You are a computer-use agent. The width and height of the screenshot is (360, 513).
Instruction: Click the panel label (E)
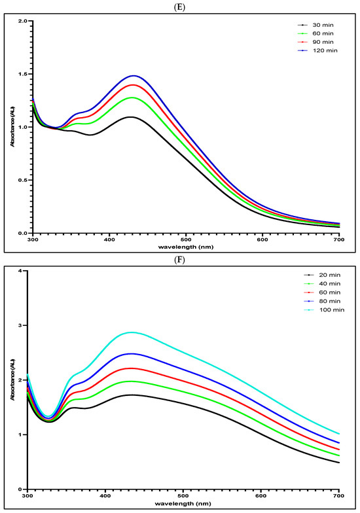tap(179, 8)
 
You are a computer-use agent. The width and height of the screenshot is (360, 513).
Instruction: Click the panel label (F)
tap(179, 260)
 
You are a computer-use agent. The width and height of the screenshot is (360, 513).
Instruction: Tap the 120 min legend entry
tap(317, 50)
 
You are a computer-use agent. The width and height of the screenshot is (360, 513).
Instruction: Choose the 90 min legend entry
tap(315, 42)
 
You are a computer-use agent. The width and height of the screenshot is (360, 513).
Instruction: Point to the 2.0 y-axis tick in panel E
tap(25, 21)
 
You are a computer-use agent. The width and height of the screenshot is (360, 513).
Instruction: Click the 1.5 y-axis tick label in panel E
tap(25, 74)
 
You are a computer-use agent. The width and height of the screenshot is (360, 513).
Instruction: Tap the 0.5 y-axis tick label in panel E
tap(25, 181)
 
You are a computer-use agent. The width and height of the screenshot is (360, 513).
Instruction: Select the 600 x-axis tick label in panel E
tap(262, 239)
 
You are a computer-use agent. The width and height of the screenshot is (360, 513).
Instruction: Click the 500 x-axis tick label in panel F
tap(183, 496)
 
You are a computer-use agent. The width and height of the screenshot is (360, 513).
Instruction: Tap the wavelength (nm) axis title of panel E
tap(186, 247)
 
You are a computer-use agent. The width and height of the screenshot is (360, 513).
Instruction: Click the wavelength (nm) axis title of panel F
tap(183, 504)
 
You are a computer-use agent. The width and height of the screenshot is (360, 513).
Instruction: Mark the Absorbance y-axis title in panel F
tap(13, 380)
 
